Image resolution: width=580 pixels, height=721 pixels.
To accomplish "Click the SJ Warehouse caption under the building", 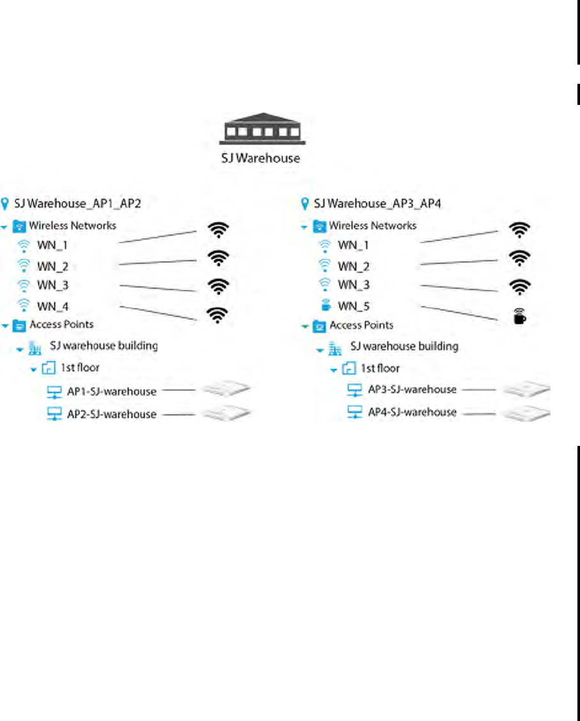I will click(x=260, y=157).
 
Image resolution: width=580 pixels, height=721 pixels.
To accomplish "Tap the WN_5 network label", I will click(x=354, y=306).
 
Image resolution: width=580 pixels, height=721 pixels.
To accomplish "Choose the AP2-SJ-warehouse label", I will click(x=111, y=414).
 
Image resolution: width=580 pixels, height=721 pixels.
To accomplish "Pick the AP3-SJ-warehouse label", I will click(x=412, y=390).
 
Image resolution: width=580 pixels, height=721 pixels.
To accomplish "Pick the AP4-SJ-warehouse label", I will click(x=412, y=412).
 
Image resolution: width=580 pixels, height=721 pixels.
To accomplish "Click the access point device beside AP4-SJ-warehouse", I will click(x=527, y=413).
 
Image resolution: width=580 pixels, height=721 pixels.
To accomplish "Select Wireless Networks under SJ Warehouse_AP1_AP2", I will click(x=72, y=225).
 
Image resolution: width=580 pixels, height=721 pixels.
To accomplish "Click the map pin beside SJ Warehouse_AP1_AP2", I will click(x=6, y=204).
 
